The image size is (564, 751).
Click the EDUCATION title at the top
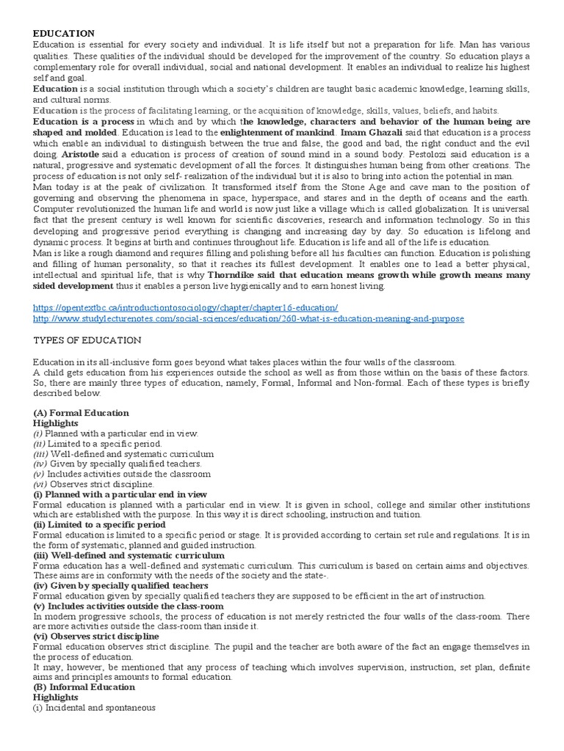click(63, 34)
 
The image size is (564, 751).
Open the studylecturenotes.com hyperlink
click(249, 319)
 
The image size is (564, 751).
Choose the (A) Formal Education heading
click(81, 413)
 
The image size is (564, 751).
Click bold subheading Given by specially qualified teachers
click(121, 586)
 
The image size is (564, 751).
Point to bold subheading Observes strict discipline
click(102, 637)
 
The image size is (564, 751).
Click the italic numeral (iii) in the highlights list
click(40, 454)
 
